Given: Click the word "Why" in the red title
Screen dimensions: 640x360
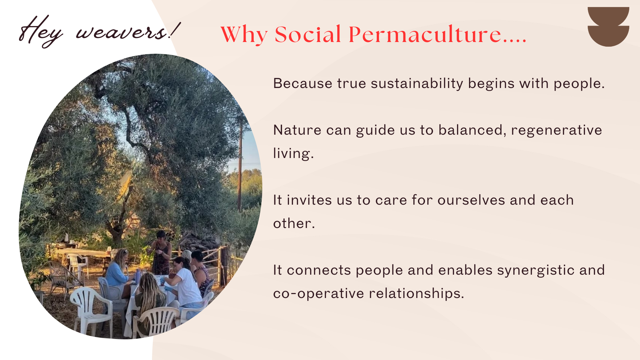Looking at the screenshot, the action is [x=244, y=34].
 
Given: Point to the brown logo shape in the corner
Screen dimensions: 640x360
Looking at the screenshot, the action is [x=608, y=27].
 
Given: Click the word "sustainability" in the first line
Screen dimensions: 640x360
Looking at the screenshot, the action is [x=417, y=83].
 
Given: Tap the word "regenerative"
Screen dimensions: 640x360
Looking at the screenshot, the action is [x=556, y=130].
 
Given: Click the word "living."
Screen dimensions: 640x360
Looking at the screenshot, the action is [x=293, y=153].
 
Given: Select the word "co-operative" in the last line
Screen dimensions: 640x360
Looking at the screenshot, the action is [x=319, y=294].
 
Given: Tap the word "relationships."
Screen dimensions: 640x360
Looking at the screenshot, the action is [x=416, y=294].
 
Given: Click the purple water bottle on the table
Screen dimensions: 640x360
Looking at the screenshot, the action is [x=138, y=276].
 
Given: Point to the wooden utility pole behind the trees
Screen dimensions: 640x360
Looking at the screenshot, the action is [x=240, y=163].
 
